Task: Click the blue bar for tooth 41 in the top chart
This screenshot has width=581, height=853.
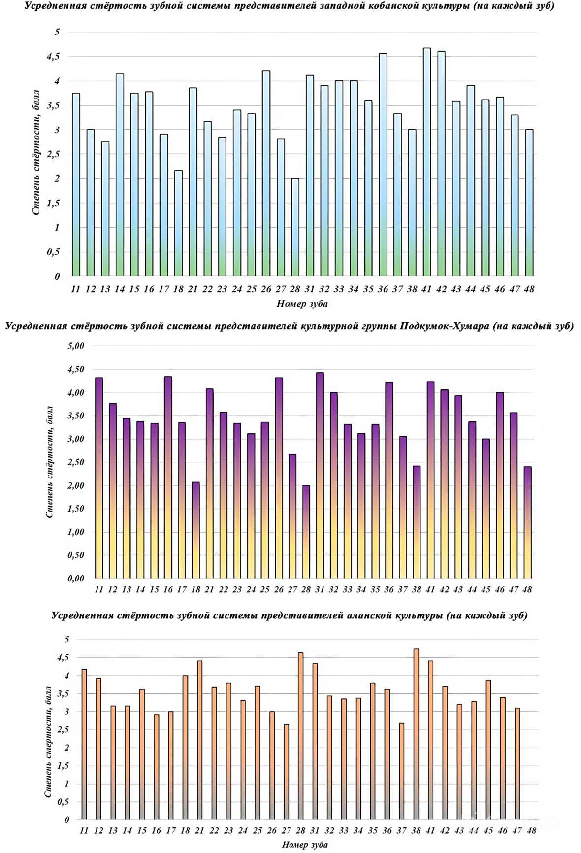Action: coord(426,163)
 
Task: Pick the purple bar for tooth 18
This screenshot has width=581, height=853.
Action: coord(195,530)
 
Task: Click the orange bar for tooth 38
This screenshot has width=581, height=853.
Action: coord(416,735)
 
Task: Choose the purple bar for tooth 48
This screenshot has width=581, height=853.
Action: coord(527,522)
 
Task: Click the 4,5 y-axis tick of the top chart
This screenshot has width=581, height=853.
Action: coord(53,57)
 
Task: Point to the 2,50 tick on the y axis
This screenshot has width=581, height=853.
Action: coord(76,462)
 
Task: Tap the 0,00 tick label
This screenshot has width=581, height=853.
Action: coord(76,579)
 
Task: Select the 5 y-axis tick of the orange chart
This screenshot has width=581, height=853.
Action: coord(66,640)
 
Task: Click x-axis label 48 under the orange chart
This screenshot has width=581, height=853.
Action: coord(531,831)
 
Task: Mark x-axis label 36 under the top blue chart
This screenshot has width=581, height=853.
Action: coord(383,289)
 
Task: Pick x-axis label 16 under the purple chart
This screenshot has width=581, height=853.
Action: coord(168,589)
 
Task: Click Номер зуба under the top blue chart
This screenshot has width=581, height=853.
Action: coord(302,304)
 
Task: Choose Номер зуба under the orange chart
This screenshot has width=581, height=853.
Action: coord(304,845)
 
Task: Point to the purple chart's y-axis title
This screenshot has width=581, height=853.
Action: coord(49,462)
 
